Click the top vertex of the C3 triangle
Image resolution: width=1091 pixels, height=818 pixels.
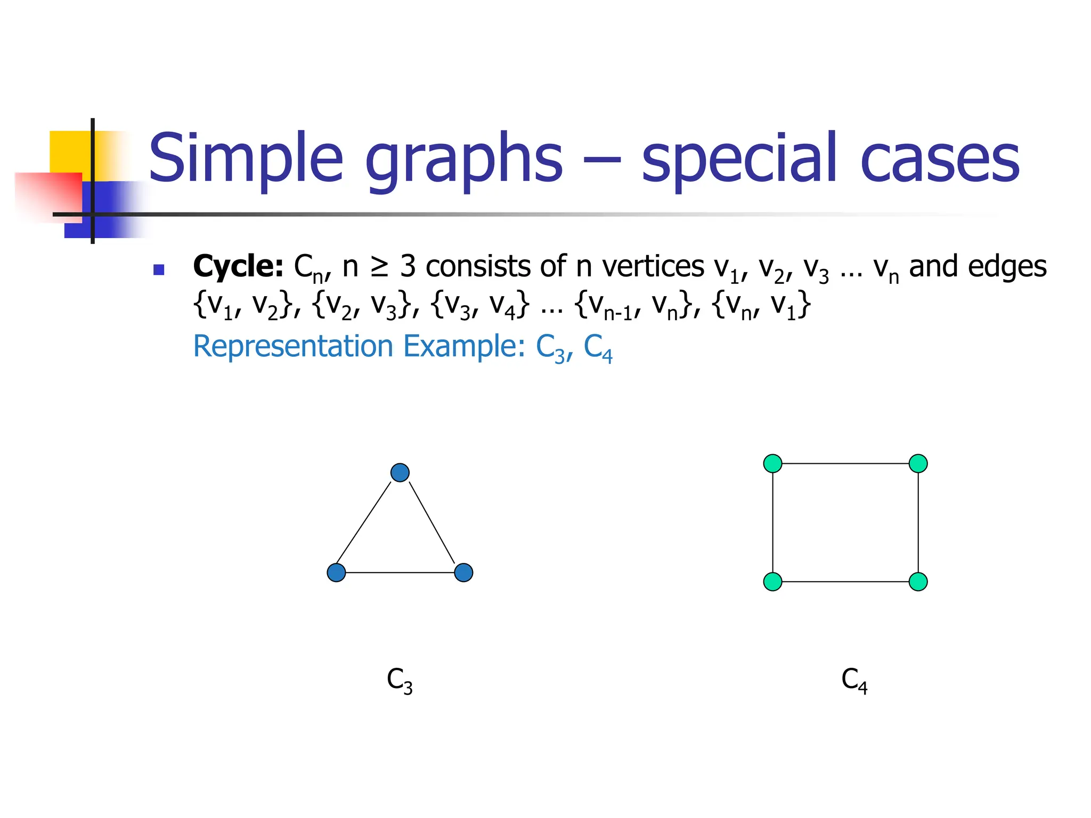point(400,472)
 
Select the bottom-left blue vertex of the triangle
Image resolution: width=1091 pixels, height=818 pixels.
point(336,572)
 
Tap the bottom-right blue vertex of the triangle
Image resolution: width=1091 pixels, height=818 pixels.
point(463,572)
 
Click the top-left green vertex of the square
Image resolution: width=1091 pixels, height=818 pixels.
point(772,463)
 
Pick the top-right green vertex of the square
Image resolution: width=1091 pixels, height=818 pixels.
point(918,463)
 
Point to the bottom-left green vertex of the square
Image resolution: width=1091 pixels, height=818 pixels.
point(772,582)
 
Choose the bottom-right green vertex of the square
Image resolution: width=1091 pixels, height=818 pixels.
point(918,582)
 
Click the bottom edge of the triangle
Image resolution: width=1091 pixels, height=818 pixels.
point(400,572)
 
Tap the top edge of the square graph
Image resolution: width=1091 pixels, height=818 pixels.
point(845,463)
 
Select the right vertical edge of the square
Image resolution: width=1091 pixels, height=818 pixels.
point(918,522)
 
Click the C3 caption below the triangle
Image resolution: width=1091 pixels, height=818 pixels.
point(400,681)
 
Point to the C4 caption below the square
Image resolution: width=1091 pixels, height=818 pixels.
point(854,681)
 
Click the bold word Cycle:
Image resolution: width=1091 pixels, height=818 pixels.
point(238,266)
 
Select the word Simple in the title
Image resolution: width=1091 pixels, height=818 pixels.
point(246,158)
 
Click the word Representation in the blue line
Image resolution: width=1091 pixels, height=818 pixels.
point(292,346)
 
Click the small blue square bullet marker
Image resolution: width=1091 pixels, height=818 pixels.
point(158,270)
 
